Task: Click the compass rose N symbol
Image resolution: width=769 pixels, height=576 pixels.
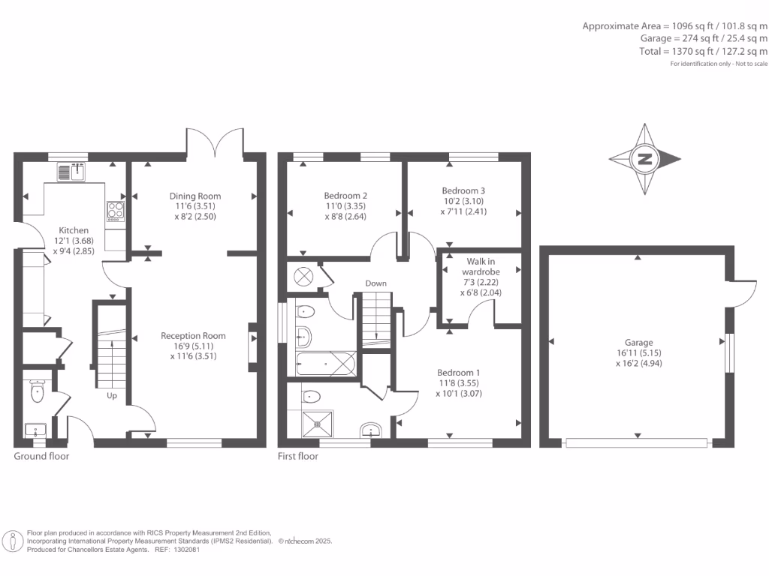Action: (645, 159)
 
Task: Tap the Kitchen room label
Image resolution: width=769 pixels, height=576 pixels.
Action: (74, 230)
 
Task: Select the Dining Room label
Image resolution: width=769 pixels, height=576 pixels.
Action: (195, 196)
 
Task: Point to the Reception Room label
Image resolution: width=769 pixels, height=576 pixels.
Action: (193, 336)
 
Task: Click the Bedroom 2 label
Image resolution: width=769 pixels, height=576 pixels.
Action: (345, 196)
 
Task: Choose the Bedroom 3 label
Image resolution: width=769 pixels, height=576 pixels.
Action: (463, 190)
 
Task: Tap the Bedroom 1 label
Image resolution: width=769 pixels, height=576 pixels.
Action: (459, 373)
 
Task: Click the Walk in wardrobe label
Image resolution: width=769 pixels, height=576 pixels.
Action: (481, 266)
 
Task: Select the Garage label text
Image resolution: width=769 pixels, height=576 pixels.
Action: (638, 343)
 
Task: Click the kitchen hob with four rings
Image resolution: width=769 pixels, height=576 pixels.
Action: (116, 211)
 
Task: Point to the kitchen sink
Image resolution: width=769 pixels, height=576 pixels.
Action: (71, 172)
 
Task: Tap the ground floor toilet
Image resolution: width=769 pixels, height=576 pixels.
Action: (38, 391)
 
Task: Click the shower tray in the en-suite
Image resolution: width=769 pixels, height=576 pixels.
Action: (318, 424)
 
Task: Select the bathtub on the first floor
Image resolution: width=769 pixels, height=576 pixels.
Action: (326, 364)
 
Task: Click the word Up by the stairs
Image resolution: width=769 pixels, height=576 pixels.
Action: (112, 396)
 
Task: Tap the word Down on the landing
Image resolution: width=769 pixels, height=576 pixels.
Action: (375, 283)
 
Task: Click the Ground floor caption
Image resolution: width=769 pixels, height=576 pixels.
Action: (41, 457)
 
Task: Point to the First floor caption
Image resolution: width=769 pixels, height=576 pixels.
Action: (297, 457)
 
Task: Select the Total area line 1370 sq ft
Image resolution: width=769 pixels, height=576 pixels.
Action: (703, 51)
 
